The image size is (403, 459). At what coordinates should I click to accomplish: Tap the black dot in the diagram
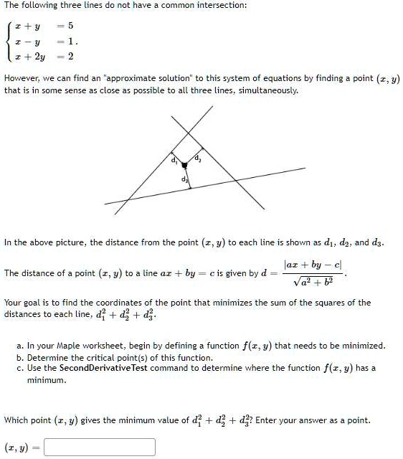[x=184, y=166]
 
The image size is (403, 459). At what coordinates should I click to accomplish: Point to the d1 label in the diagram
[x=172, y=158]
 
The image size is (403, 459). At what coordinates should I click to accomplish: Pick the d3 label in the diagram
[x=184, y=178]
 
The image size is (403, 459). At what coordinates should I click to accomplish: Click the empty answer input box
[x=99, y=447]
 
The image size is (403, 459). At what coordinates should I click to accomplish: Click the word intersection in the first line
[x=221, y=5]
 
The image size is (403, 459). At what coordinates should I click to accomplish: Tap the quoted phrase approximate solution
[x=138, y=77]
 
